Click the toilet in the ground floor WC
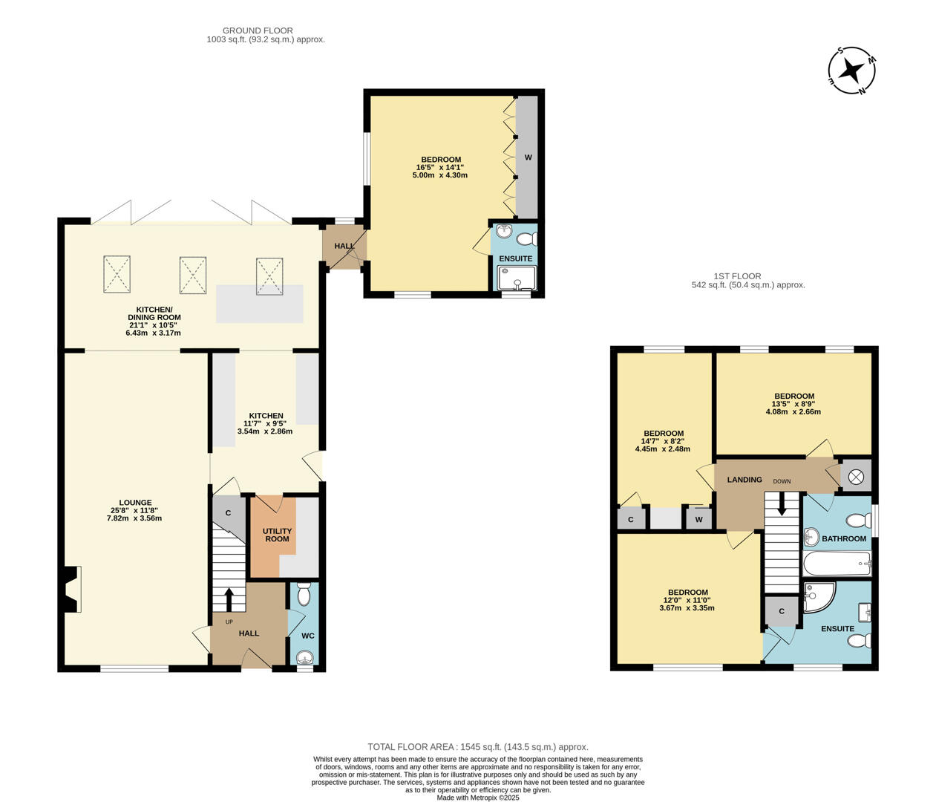[x=304, y=594]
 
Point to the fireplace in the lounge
[x=71, y=589]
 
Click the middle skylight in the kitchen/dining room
[x=193, y=275]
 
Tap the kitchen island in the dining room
[x=259, y=304]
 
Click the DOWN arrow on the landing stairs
[x=780, y=505]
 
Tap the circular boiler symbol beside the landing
[x=856, y=477]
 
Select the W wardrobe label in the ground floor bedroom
[x=528, y=157]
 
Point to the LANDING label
[x=744, y=480]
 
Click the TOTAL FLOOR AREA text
[x=477, y=747]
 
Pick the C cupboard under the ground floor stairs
[x=228, y=513]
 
